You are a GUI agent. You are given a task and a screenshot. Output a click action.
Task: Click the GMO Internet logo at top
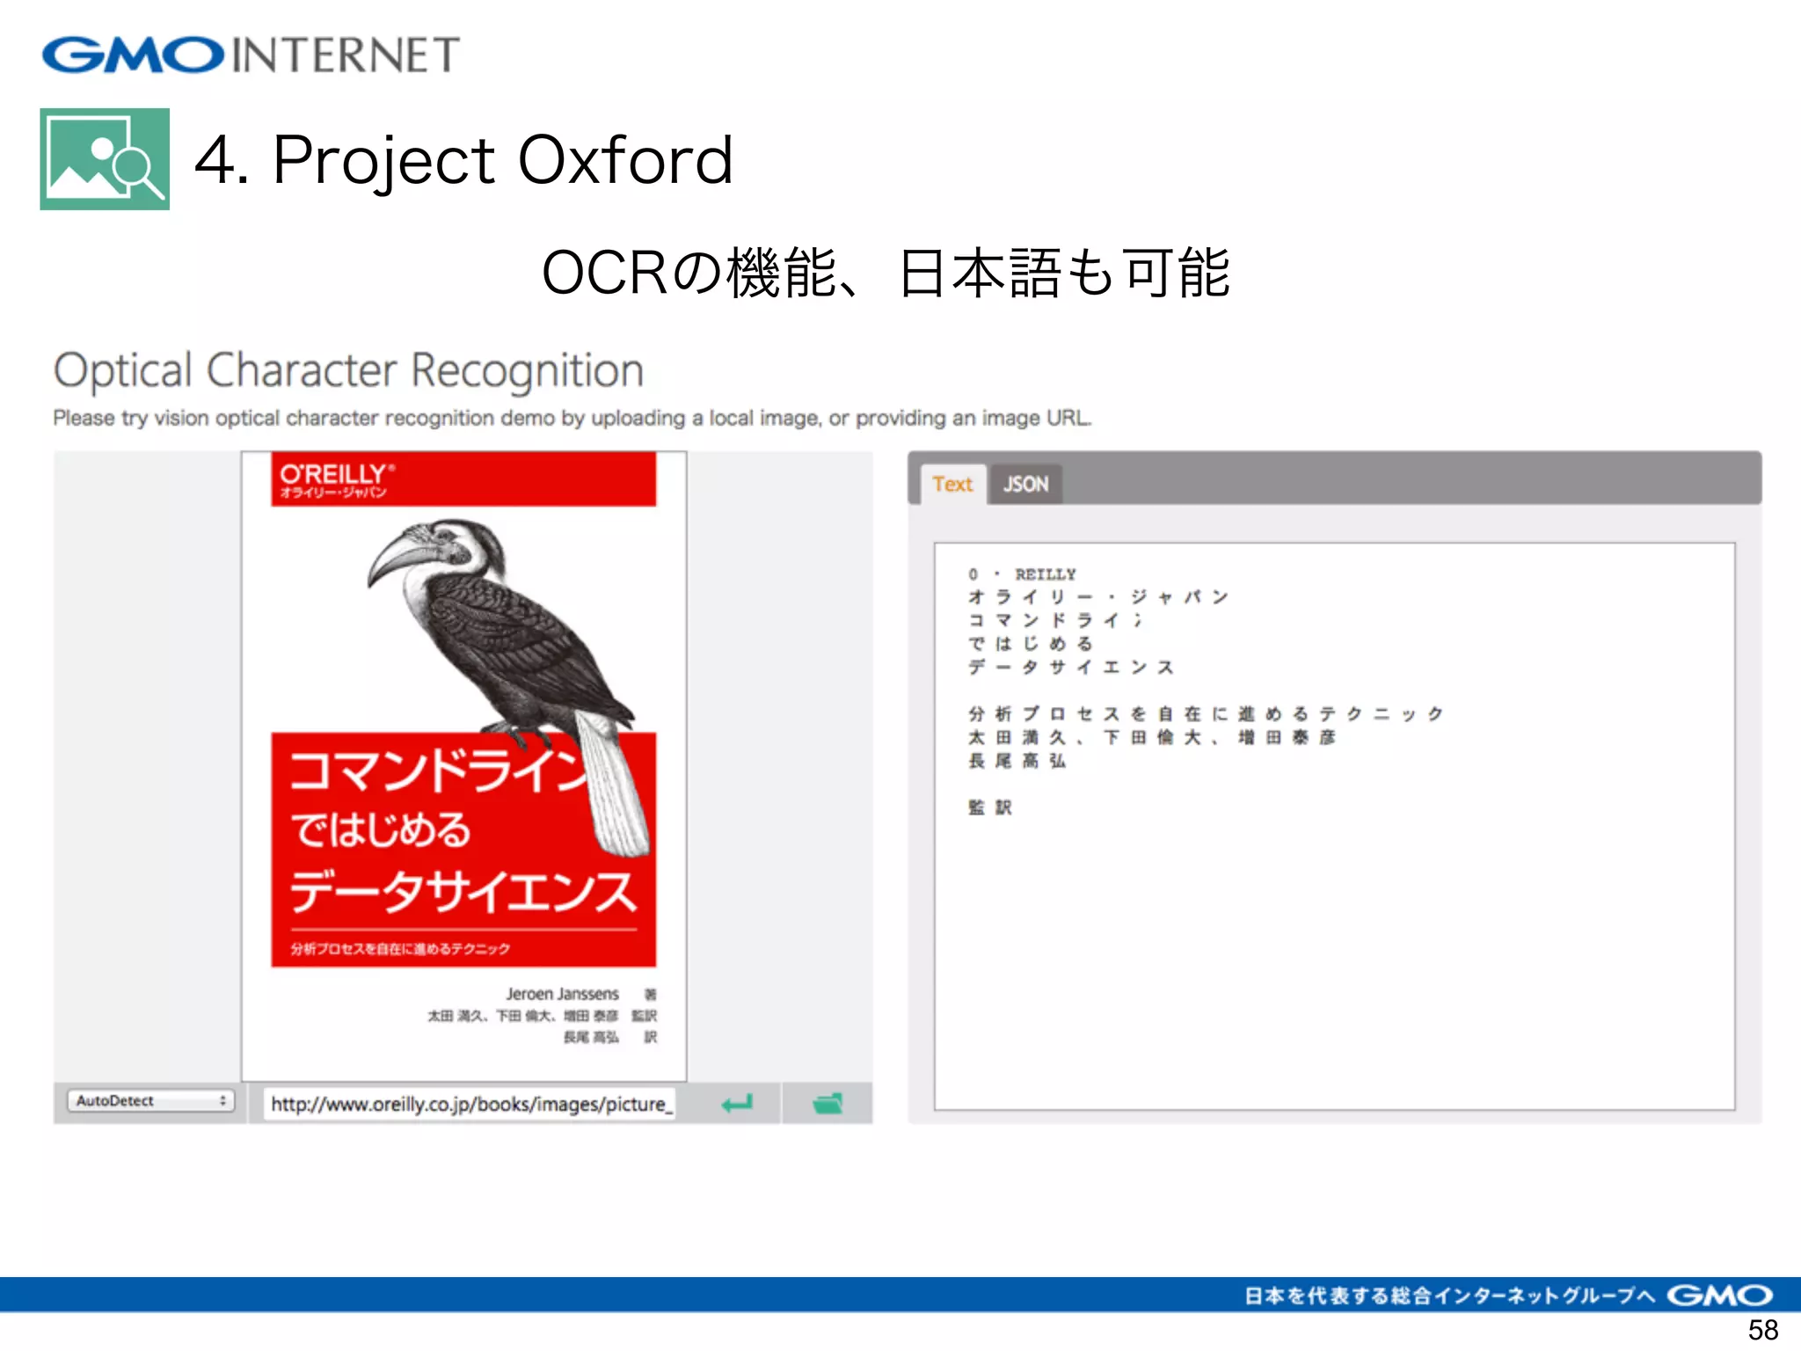[x=251, y=55]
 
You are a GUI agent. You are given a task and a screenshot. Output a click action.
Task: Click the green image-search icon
[x=105, y=159]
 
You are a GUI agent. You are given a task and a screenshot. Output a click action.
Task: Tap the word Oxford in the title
[x=625, y=160]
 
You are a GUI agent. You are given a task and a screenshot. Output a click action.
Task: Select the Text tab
[x=952, y=484]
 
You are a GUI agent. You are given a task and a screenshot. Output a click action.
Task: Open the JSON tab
[x=1025, y=484]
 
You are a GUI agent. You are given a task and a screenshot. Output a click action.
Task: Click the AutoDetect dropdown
[x=150, y=1100]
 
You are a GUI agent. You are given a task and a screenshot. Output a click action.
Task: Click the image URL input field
[x=471, y=1104]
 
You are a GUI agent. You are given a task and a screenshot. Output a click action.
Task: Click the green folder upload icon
[x=827, y=1103]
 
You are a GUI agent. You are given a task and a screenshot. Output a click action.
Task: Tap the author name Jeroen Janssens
[x=562, y=994]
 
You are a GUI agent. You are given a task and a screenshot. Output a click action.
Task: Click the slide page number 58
[x=1762, y=1329]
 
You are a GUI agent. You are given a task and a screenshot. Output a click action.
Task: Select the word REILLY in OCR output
[x=1045, y=574]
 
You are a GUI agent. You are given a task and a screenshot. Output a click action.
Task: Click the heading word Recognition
[x=527, y=371]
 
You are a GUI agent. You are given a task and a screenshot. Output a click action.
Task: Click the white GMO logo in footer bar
[x=1719, y=1296]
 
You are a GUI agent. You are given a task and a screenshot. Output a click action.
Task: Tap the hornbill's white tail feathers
[x=616, y=792]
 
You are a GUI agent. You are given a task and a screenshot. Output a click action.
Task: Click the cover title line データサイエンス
[x=463, y=891]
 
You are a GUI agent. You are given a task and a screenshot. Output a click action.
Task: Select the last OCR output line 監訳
[x=990, y=807]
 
